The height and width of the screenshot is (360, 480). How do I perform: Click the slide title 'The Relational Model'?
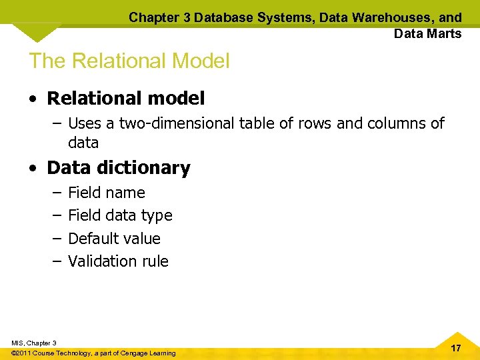coord(129,61)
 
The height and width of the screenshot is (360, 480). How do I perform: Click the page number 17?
coord(456,349)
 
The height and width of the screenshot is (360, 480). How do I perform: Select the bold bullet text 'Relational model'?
coord(126,99)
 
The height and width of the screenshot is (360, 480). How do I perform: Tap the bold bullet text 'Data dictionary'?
coord(119,168)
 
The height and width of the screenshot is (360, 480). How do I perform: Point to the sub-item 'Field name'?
coord(107,193)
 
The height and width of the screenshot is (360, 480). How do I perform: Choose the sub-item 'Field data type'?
coord(120,215)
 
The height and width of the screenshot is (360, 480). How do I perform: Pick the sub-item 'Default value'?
coord(114,238)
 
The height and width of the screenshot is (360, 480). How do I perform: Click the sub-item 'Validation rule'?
coord(118,261)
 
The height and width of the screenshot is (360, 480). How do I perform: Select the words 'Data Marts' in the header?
coord(427,33)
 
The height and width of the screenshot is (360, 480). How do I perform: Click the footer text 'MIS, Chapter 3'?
coord(34,343)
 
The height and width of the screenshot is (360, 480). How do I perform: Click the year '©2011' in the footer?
coord(22,353)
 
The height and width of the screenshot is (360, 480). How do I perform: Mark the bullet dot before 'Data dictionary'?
coord(33,168)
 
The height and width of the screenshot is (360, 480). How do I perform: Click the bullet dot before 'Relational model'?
coord(33,99)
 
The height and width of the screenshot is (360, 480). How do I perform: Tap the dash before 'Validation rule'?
coord(57,261)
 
